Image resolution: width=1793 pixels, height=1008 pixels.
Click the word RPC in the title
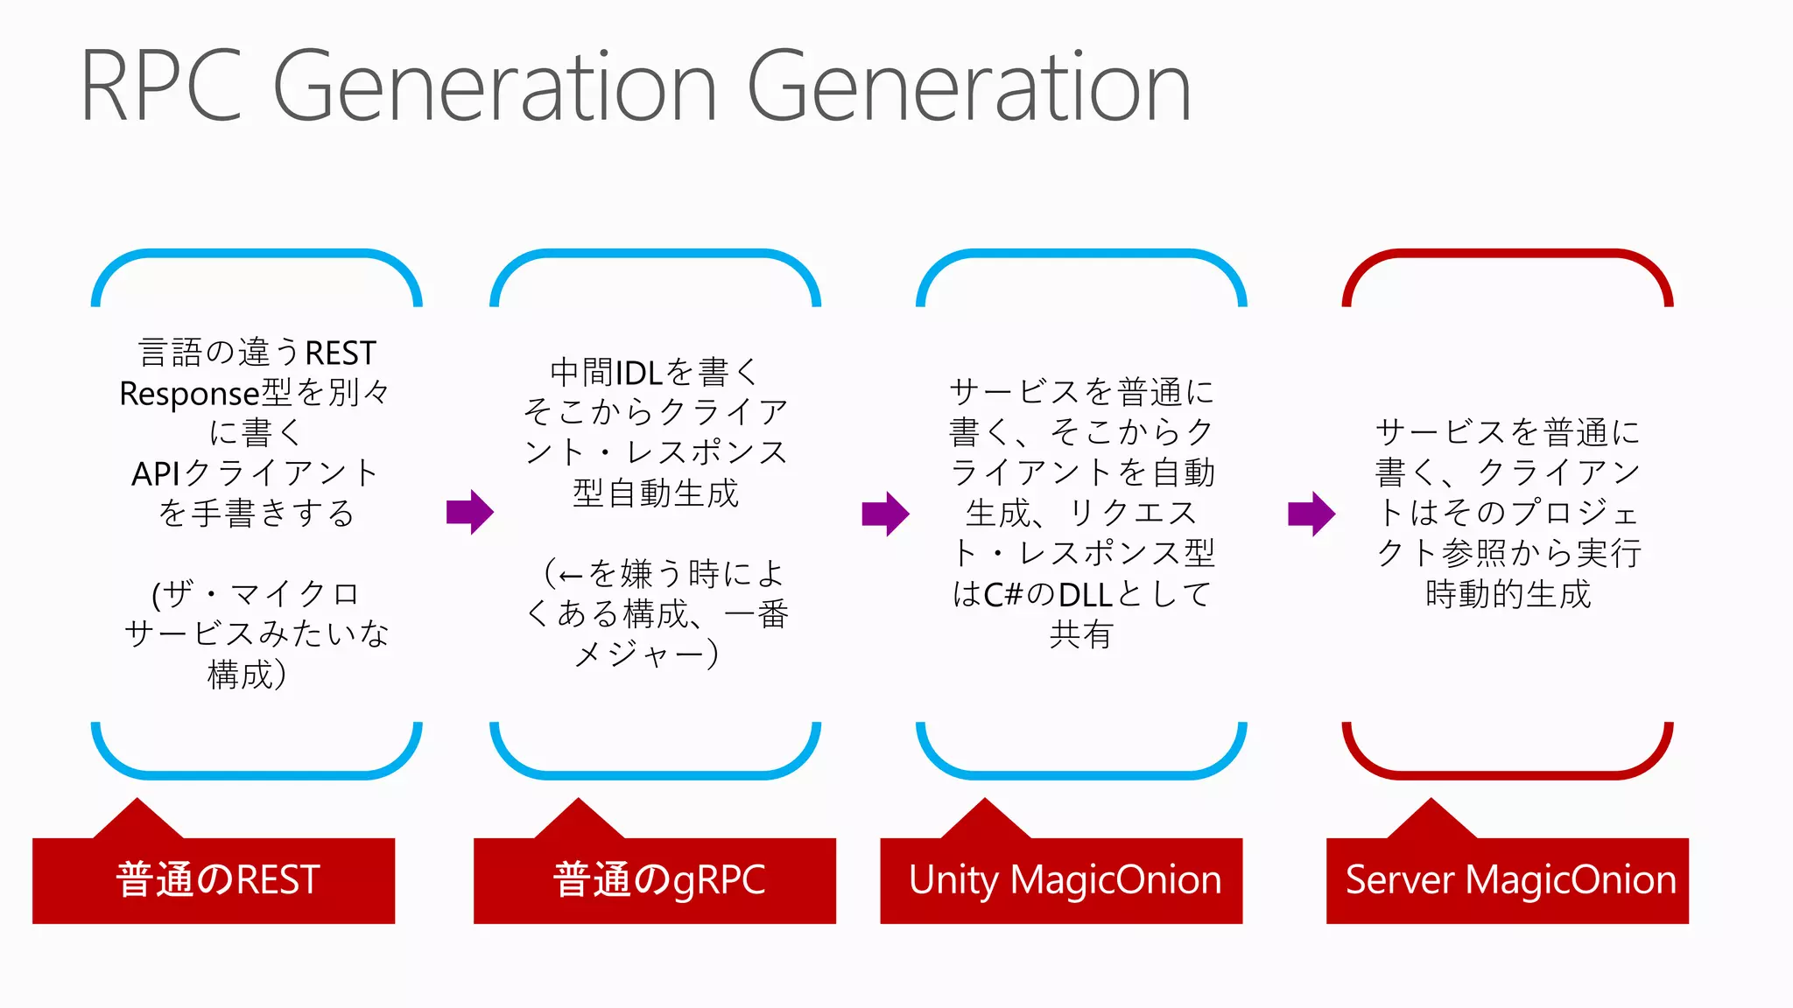point(162,86)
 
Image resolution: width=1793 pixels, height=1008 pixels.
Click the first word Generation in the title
point(496,86)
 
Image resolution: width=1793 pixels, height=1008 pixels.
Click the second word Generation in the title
point(968,86)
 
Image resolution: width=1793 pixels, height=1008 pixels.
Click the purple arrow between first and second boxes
point(470,512)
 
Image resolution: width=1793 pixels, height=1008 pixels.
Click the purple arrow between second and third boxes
point(885,514)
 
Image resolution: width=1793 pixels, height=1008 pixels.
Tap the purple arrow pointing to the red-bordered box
point(1311,514)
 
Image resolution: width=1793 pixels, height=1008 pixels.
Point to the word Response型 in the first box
point(205,394)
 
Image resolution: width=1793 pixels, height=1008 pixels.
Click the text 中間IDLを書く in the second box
point(654,373)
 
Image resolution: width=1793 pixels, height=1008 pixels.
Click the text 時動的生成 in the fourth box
point(1508,594)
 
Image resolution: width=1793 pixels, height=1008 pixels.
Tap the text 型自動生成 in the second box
point(655,493)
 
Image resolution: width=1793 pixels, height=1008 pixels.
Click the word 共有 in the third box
point(1080,634)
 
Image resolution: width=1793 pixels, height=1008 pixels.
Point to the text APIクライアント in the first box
point(255,473)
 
